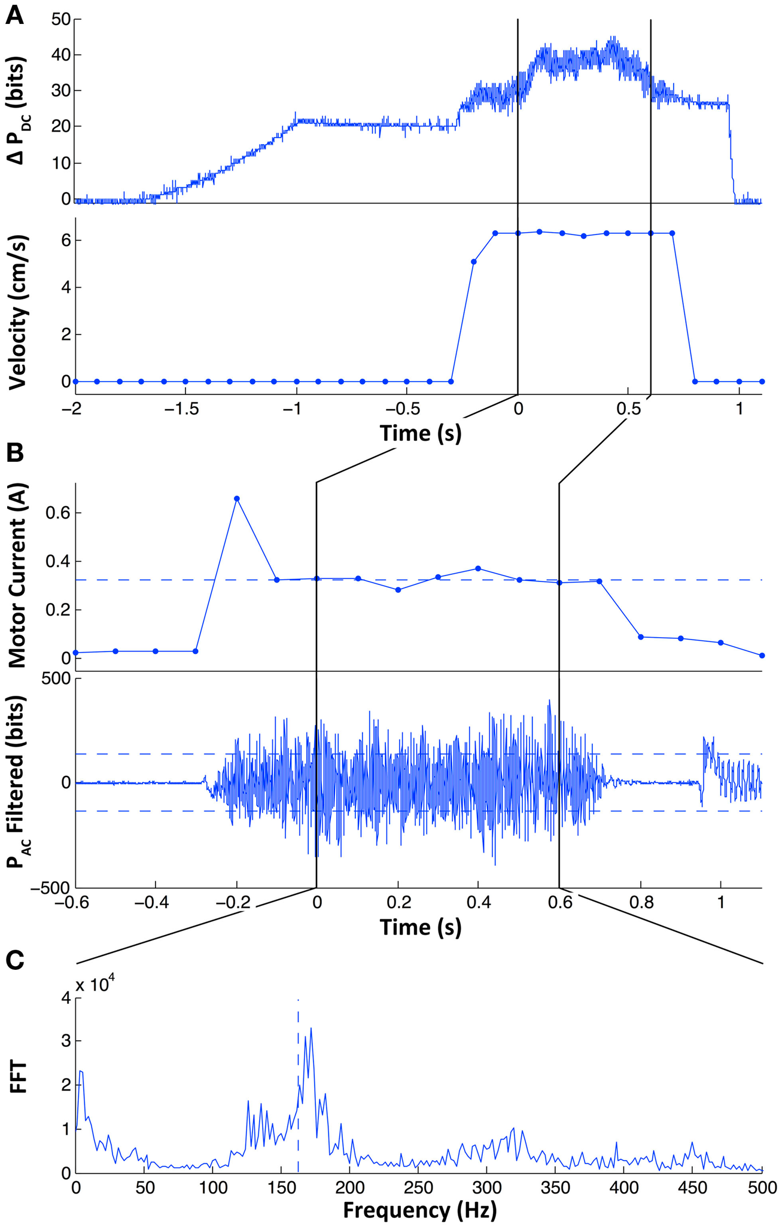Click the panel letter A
(x=14, y=14)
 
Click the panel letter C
(x=14, y=960)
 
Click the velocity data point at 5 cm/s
(x=473, y=261)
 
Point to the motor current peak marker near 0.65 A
(x=237, y=498)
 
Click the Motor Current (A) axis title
(x=18, y=574)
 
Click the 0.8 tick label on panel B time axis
(x=640, y=902)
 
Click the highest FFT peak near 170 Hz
(x=311, y=1028)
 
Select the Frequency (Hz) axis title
(x=419, y=1210)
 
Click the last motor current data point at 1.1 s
(x=762, y=656)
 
